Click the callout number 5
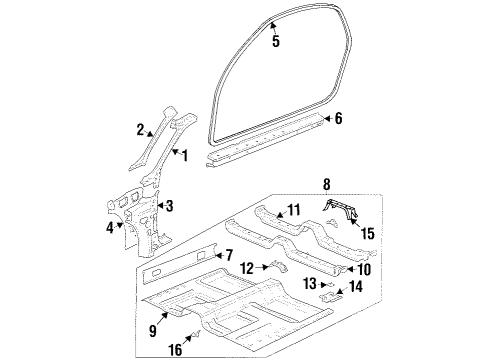pyautogui.click(x=276, y=41)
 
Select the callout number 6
pyautogui.click(x=338, y=118)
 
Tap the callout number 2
pyautogui.click(x=141, y=129)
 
